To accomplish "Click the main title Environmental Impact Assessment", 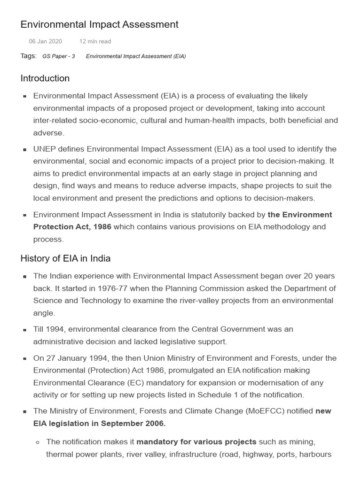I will pyautogui.click(x=99, y=24).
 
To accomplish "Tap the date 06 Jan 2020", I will pyautogui.click(x=45, y=41).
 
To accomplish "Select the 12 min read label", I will pyautogui.click(x=95, y=41).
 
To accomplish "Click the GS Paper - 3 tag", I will pyautogui.click(x=58, y=56).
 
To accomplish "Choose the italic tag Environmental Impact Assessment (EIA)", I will pyautogui.click(x=136, y=56).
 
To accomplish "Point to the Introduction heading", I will pyautogui.click(x=45, y=78).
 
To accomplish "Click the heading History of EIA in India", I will pyautogui.click(x=65, y=258).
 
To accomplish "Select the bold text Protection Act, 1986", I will pyautogui.click(x=72, y=227).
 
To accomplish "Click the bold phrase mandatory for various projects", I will pyautogui.click(x=196, y=442).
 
